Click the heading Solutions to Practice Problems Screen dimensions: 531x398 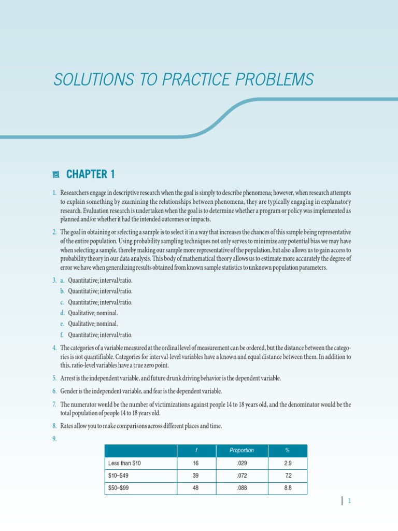[x=183, y=80]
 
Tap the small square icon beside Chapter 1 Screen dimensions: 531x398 [x=56, y=174]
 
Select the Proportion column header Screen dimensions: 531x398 [x=241, y=450]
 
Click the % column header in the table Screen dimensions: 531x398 [x=287, y=450]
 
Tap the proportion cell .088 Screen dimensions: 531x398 [x=241, y=488]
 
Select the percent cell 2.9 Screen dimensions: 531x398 [x=287, y=463]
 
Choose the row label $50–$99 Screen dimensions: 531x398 [x=119, y=488]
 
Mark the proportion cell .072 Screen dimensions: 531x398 [x=241, y=476]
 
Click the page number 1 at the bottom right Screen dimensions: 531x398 [x=350, y=501]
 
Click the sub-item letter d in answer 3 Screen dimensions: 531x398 [x=62, y=313]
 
